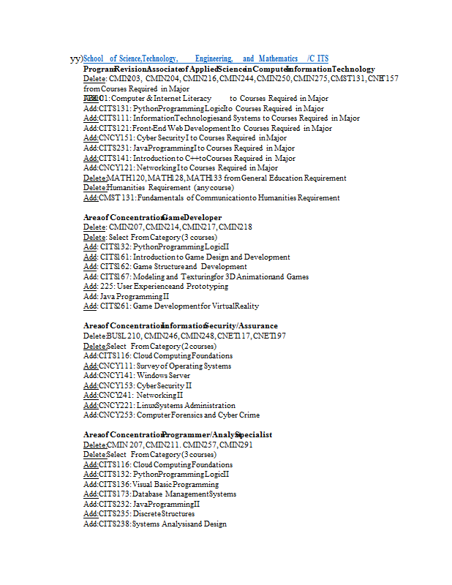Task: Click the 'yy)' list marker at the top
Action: point(76,58)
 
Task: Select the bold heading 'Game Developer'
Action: point(192,217)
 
